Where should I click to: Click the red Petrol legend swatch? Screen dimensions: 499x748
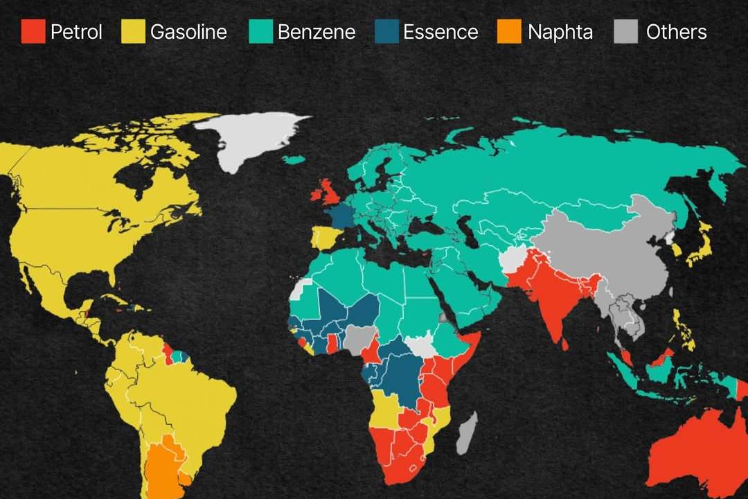(x=33, y=32)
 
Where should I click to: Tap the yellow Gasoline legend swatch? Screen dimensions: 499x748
(x=133, y=32)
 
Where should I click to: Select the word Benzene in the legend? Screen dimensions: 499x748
(x=316, y=32)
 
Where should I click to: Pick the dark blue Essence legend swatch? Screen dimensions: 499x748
(x=386, y=32)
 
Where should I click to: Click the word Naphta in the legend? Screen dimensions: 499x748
(x=560, y=32)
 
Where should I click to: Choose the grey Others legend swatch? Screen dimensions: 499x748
(x=626, y=32)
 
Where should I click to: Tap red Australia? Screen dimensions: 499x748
(x=700, y=450)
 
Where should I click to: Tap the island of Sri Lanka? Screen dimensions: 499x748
(x=564, y=343)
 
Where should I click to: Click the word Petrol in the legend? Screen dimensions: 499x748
(x=76, y=32)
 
